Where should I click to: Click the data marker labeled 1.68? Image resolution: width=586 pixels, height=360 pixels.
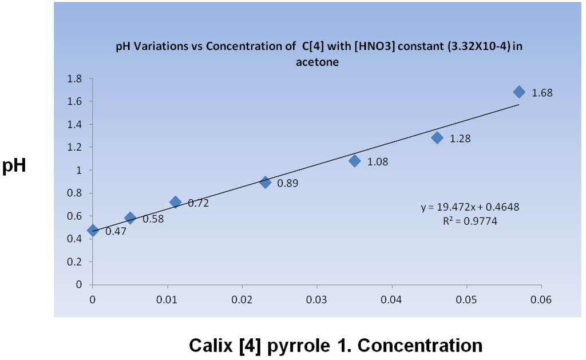[519, 92]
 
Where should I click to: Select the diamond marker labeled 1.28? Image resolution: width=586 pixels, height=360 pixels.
[437, 137]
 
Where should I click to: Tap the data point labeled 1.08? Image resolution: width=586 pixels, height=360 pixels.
[355, 161]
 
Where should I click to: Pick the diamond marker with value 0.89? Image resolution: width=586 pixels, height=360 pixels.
[266, 183]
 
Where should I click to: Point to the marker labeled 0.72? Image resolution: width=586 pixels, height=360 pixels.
[176, 201]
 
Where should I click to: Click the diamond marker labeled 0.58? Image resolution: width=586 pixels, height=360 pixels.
[130, 217]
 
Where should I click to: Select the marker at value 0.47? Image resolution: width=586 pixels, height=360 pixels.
[93, 231]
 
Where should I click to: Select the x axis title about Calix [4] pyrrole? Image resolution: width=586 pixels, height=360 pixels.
[335, 346]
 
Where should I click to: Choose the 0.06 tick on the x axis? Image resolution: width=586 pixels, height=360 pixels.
[541, 299]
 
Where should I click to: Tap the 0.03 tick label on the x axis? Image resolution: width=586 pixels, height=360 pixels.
[317, 299]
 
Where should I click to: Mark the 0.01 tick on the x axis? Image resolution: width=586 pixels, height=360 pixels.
[168, 299]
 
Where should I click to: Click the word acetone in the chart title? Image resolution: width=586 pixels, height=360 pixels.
[317, 63]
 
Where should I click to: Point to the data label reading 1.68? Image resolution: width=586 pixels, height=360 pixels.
[542, 93]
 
